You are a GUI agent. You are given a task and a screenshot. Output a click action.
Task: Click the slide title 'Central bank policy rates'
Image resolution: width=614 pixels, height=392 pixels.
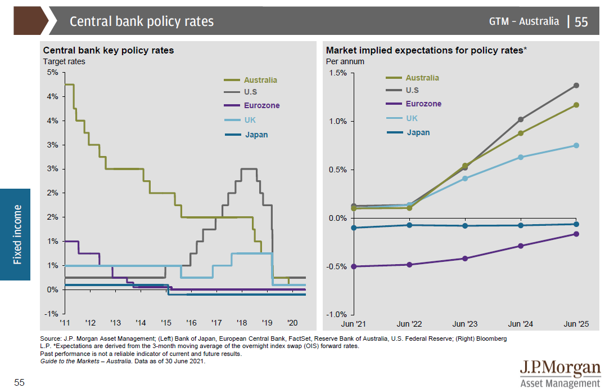[x=142, y=21]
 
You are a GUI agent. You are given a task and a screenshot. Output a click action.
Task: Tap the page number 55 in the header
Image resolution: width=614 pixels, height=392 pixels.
[x=581, y=21]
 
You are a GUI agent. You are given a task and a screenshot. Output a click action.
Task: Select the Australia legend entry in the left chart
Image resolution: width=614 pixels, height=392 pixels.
[x=260, y=80]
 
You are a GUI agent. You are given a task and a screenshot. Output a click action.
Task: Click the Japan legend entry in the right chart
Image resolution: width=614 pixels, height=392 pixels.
[x=418, y=132]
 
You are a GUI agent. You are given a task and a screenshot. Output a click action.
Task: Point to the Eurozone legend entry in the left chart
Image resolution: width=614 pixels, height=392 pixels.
[x=261, y=105]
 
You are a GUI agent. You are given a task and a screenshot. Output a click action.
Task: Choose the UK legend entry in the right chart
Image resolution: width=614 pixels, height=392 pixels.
[x=412, y=118]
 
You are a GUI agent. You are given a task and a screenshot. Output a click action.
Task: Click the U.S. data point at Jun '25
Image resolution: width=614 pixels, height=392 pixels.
[x=576, y=86]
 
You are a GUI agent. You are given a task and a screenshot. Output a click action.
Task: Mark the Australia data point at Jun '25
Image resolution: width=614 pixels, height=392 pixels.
[x=576, y=105]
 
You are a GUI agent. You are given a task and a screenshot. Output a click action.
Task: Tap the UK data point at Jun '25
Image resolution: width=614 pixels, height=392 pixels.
[x=576, y=145]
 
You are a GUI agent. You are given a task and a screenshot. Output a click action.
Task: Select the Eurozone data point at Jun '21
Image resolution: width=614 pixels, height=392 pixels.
[x=354, y=266]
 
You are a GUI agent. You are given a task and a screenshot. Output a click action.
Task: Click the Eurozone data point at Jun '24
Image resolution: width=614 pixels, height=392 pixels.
[x=521, y=246]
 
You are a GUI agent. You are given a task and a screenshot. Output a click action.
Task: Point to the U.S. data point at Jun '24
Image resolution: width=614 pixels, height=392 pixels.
[x=521, y=119]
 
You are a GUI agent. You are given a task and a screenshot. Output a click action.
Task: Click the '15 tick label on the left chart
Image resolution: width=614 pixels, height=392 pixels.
[x=166, y=323]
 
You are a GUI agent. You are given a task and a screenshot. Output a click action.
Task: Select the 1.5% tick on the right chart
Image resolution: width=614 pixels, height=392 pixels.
[x=337, y=73]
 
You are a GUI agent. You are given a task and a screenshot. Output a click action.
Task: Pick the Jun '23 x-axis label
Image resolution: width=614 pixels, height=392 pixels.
[x=465, y=324]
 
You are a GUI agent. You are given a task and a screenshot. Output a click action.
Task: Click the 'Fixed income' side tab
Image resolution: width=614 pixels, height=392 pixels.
[x=19, y=234]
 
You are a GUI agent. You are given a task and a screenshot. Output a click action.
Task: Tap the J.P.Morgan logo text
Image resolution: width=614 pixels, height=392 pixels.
[x=559, y=368]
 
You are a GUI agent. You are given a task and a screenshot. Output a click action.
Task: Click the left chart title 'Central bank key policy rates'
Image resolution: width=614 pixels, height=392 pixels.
[x=109, y=50]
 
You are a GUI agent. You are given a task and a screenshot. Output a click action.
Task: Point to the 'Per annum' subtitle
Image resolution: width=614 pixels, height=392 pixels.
[x=345, y=61]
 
